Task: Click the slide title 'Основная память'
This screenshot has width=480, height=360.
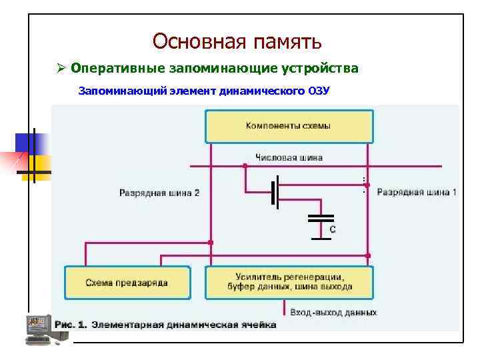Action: [237, 41]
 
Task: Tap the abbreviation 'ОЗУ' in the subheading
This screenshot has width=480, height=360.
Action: [319, 90]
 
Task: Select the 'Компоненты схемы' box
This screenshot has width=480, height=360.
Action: [289, 126]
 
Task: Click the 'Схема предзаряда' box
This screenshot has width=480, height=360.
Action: [127, 283]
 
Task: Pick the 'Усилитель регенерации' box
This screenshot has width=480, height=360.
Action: [289, 282]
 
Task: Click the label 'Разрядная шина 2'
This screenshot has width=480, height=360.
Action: [159, 193]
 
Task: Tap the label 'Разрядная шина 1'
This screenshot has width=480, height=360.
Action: [417, 193]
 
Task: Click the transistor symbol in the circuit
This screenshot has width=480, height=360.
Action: [275, 192]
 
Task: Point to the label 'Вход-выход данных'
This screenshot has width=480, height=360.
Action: [333, 312]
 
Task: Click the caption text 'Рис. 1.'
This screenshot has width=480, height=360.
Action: [71, 325]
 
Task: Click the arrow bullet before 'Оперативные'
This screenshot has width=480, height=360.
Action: [59, 69]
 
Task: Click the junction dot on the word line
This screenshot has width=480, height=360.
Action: [245, 165]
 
